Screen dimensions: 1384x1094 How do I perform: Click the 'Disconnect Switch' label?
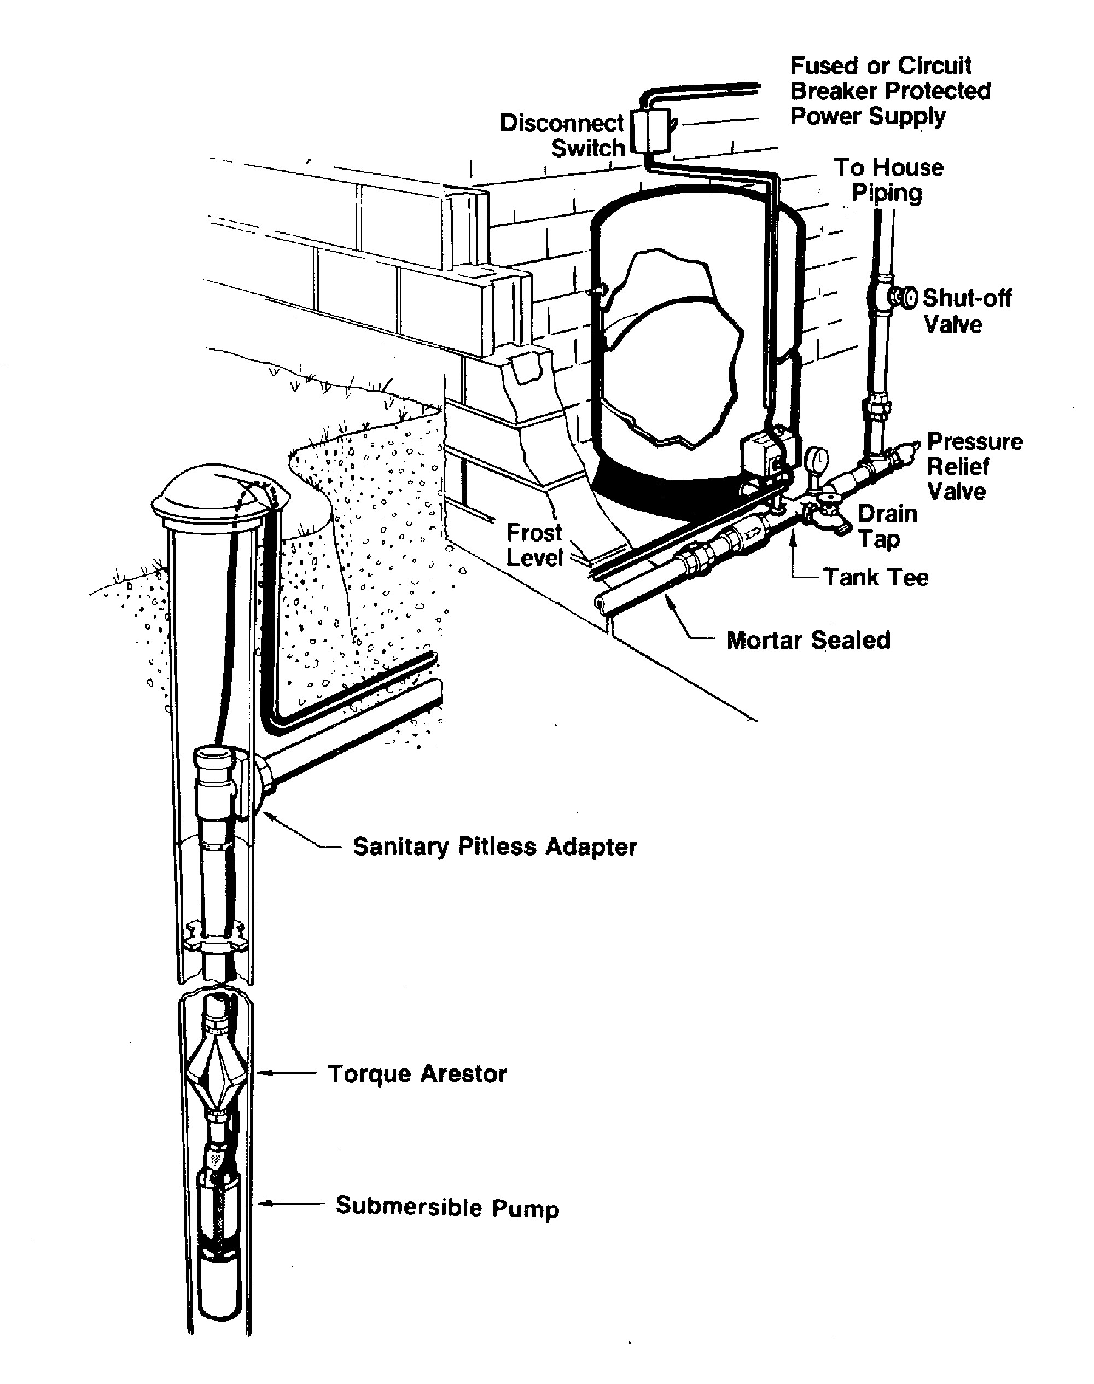tap(562, 135)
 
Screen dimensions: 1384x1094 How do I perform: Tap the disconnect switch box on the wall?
tap(651, 131)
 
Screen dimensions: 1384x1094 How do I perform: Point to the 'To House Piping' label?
tap(888, 179)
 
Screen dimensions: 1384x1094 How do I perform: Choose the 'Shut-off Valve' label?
tap(966, 311)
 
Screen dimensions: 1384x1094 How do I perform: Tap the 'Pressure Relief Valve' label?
tap(974, 466)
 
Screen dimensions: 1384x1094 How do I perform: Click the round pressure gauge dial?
tap(817, 458)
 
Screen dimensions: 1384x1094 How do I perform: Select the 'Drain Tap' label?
tap(887, 526)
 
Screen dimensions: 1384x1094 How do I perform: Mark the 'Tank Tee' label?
tap(875, 577)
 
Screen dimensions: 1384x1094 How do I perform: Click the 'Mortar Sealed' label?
tap(808, 640)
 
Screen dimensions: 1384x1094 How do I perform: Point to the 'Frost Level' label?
tap(534, 545)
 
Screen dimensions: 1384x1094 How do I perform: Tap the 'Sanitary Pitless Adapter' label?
tap(494, 847)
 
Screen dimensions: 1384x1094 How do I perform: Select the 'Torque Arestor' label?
tap(417, 1074)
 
